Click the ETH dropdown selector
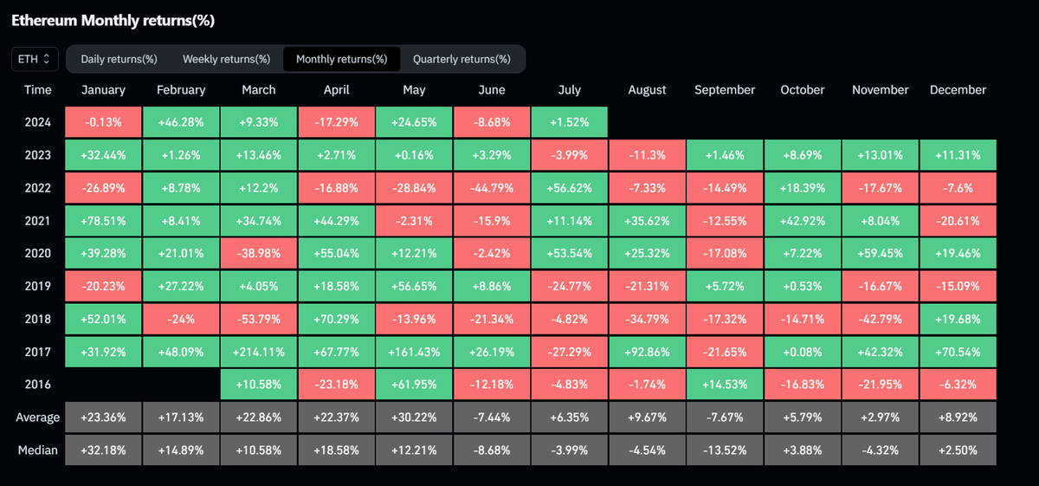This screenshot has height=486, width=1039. coord(35,59)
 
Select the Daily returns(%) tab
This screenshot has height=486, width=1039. coord(119,59)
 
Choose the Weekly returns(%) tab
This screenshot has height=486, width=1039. coord(226,59)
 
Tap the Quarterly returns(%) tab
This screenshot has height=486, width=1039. coord(461,59)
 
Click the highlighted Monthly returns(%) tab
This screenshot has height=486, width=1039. coord(341,59)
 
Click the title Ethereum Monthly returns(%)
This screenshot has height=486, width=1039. coord(113,19)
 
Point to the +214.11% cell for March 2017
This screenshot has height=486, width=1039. coord(258,353)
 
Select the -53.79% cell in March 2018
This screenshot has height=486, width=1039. coord(258,320)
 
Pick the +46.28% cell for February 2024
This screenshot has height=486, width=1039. coord(181,122)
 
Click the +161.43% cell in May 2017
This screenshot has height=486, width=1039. coord(413,353)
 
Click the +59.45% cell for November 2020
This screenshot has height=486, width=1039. coord(880,254)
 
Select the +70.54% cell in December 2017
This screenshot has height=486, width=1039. coord(958,353)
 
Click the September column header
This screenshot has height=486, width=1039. coord(724,90)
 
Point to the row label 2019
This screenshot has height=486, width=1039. coord(37,287)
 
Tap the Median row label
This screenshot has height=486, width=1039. coord(37,450)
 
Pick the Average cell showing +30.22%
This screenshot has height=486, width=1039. coord(413,418)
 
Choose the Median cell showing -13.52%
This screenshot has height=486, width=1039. coord(724,450)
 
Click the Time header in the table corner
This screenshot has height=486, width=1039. coord(37,90)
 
